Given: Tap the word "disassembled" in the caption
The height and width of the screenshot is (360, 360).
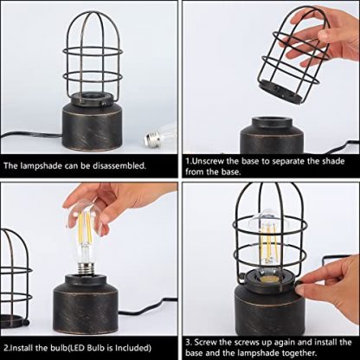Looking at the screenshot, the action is point(119,165).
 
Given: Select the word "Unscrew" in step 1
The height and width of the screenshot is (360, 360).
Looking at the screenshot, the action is point(208,161).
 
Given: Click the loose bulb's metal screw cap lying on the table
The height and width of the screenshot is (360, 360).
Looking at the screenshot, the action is point(151,139).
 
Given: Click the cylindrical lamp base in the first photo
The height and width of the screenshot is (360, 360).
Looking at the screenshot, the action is point(93,126).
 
